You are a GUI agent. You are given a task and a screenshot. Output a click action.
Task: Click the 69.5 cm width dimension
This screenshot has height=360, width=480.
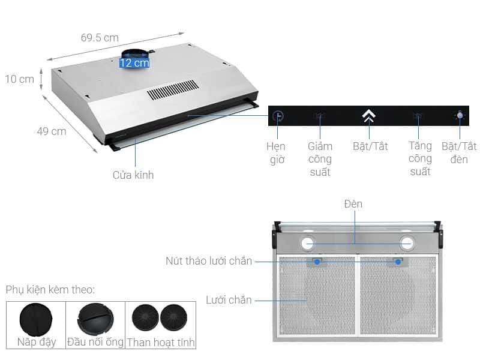pos(100,38)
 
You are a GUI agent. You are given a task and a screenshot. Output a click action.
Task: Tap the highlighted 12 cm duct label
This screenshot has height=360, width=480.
pos(134,63)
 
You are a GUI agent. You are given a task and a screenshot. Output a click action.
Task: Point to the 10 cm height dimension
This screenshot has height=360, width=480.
pos(20,79)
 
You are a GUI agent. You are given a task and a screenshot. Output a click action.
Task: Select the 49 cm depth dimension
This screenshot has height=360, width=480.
pos(52,131)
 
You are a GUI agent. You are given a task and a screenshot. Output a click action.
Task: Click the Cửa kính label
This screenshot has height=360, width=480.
pos(133,175)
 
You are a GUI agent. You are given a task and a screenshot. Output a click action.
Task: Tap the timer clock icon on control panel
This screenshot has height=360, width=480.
pos(278,116)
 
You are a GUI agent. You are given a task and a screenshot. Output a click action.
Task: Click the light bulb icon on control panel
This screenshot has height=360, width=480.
pos(460,115)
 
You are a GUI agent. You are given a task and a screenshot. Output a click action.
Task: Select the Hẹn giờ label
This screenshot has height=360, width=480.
pos(276,153)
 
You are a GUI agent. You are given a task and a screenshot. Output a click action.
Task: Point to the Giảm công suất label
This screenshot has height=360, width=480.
pos(320,159)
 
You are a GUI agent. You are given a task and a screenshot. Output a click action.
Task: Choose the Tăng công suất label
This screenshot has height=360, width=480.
pos(421,158)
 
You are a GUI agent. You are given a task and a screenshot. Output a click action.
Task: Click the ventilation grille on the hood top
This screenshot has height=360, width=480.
pos(173,89)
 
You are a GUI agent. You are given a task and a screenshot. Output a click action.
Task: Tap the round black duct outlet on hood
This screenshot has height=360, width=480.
pos(136,54)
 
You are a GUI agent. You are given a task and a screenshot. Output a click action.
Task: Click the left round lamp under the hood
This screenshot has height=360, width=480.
pos(308,244)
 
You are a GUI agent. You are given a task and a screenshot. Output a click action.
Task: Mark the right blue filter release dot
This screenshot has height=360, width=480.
pos(398,262)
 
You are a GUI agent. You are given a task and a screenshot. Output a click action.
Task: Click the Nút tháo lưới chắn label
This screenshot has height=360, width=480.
pos(209,261)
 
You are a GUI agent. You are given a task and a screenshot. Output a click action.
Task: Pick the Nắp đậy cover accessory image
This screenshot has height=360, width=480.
pos(36,320)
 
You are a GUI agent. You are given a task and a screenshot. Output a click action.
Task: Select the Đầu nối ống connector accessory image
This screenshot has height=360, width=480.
pos(95,320)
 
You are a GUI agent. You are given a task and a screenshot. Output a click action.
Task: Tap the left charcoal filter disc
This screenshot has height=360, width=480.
pos(145,317)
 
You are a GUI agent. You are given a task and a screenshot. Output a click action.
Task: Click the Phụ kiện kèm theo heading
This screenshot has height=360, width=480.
pos(50,290)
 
